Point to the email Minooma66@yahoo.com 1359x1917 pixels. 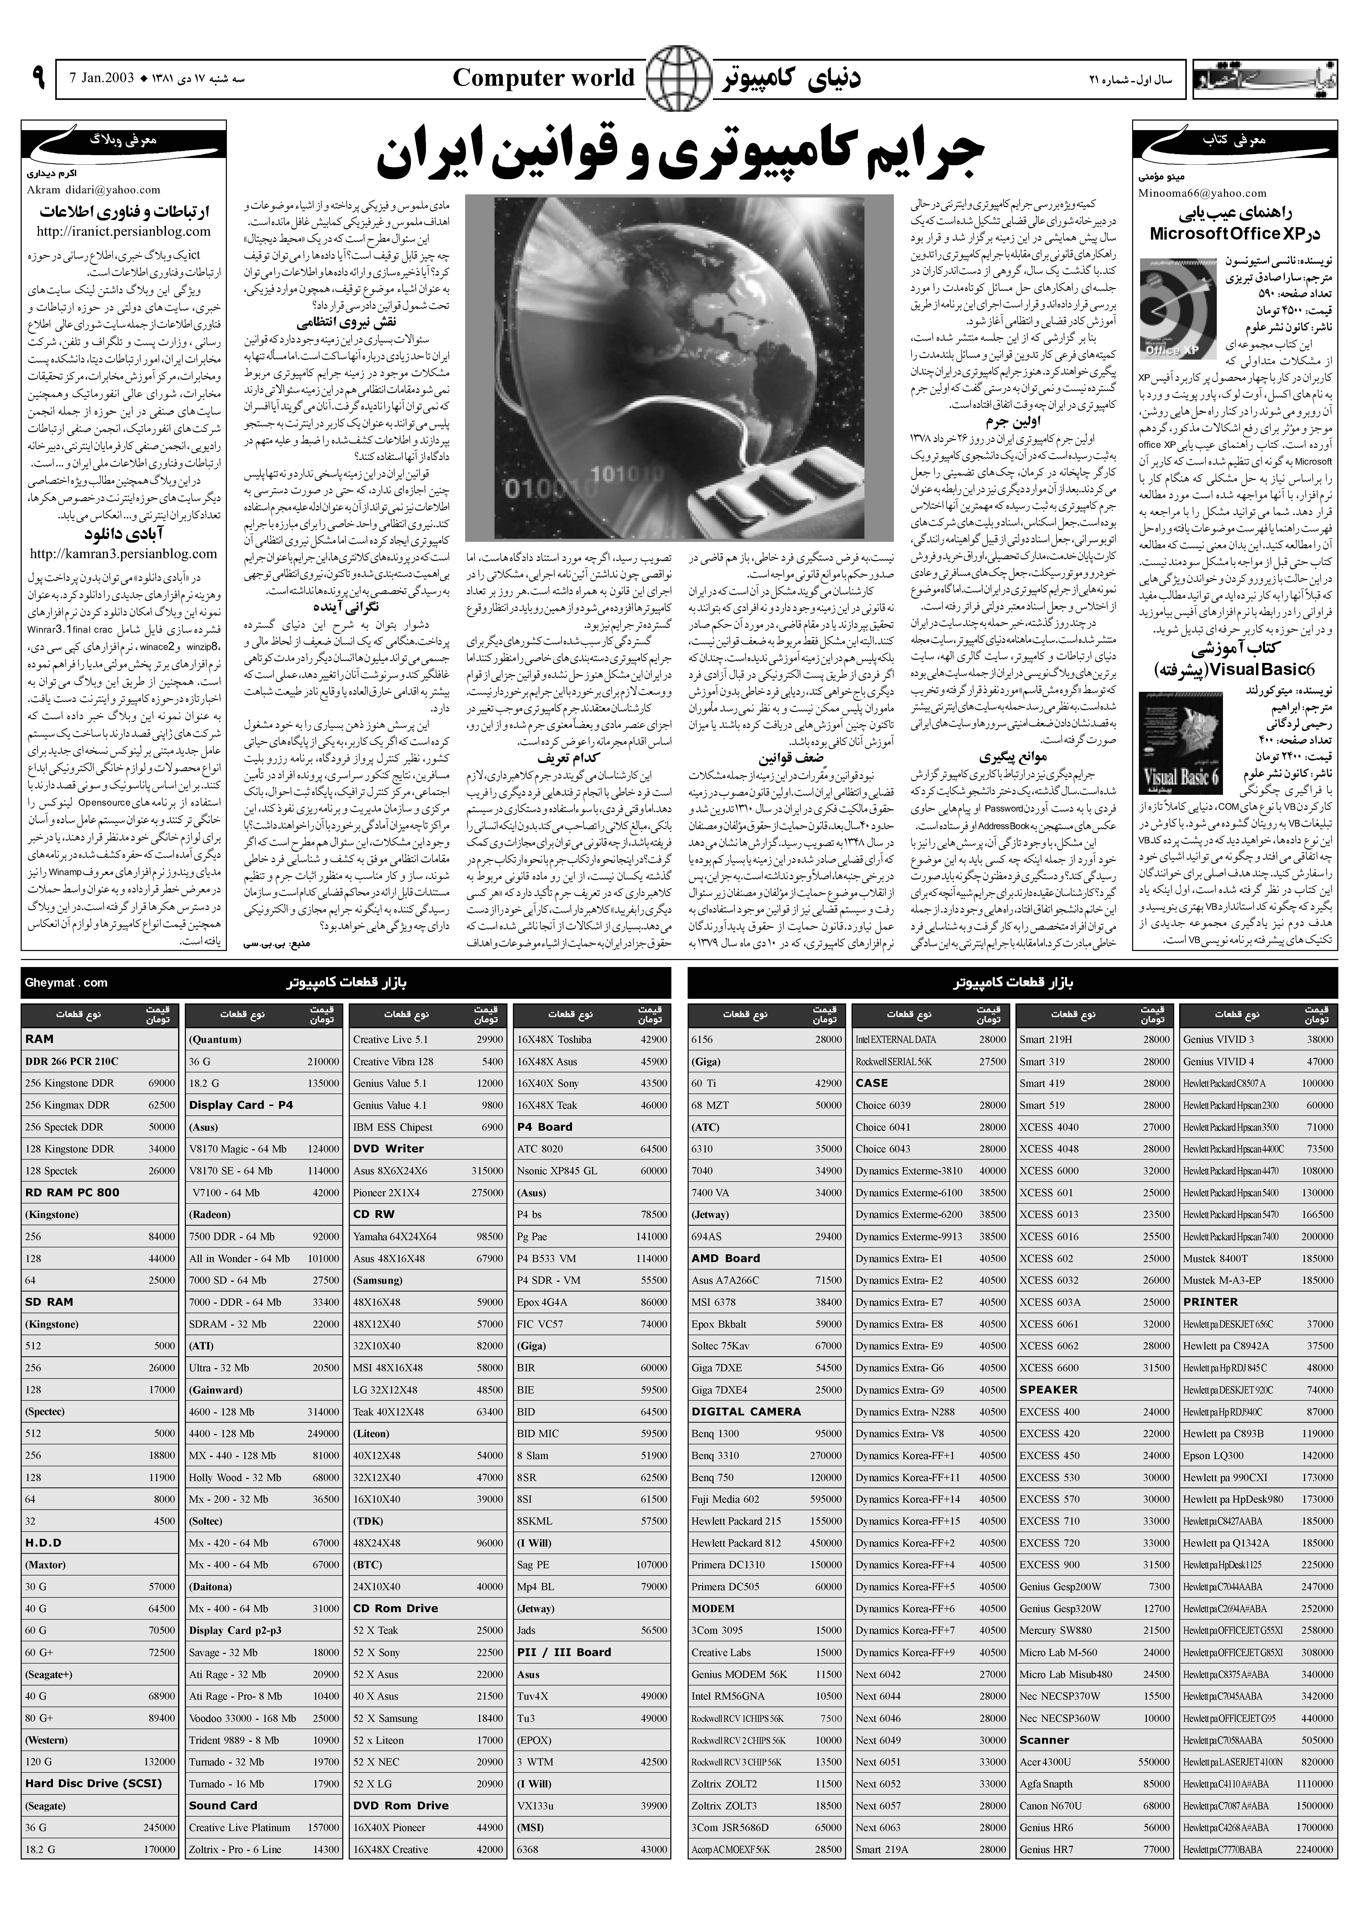point(1202,193)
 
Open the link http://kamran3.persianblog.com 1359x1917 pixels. point(123,553)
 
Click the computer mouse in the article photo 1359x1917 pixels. point(753,494)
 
